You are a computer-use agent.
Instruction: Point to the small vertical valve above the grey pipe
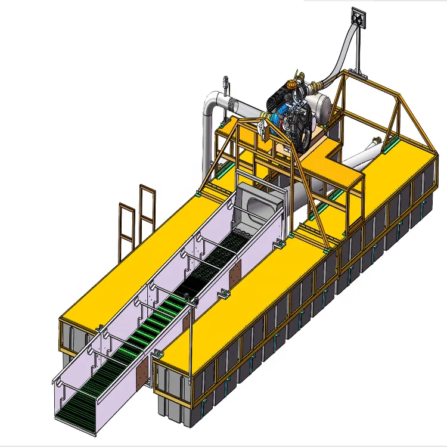[x=225, y=85]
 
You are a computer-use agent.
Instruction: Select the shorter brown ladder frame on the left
[x=126, y=228]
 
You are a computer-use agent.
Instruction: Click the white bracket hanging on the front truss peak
[x=263, y=127]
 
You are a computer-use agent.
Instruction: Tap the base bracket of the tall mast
[x=358, y=72]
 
